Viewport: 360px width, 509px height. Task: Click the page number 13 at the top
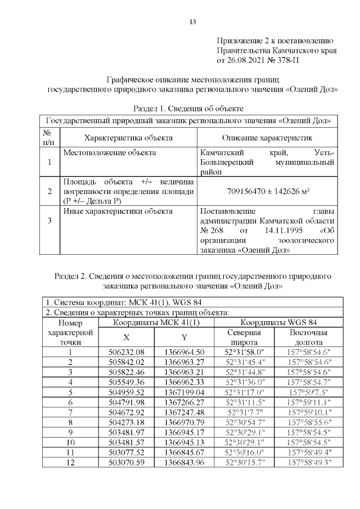pos(192,22)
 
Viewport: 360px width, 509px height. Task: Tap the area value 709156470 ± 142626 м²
pos(268,191)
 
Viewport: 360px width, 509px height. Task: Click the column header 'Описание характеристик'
pos(267,138)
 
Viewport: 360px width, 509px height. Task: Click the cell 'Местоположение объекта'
pos(110,152)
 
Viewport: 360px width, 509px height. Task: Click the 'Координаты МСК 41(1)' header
pos(156,323)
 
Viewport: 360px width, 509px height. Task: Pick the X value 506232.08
pos(127,352)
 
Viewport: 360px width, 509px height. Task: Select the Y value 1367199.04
pos(184,392)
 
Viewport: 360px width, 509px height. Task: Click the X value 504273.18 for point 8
pos(127,422)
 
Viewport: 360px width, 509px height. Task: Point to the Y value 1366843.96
pos(184,462)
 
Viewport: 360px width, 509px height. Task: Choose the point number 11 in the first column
pos(70,452)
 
